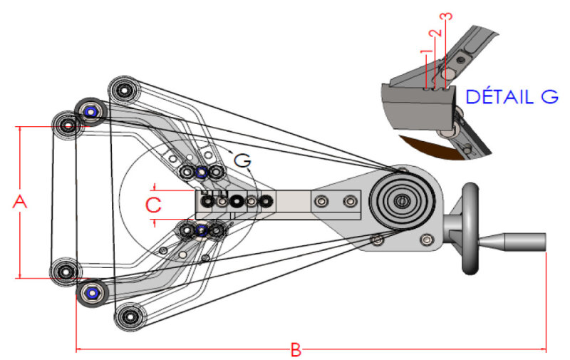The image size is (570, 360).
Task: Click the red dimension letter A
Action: coord(20,202)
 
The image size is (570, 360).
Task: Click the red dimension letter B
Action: coord(296,350)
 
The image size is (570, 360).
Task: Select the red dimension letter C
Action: coord(153,205)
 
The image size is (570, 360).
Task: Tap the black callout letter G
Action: coord(242,160)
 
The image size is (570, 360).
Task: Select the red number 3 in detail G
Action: coord(447,16)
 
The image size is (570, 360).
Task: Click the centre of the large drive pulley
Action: coord(401,200)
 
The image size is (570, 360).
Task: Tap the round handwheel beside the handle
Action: coord(470,228)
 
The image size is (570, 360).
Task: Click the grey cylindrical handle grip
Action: coord(512,242)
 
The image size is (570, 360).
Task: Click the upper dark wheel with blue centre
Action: coord(90,112)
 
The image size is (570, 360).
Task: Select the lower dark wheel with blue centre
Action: coord(92,293)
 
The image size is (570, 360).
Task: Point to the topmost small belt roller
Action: coord(124,90)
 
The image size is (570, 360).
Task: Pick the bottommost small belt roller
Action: coord(130,317)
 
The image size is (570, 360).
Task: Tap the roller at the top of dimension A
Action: coord(67,125)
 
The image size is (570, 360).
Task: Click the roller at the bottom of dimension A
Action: coord(66,272)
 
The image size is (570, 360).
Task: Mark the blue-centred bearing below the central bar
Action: coord(201,230)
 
